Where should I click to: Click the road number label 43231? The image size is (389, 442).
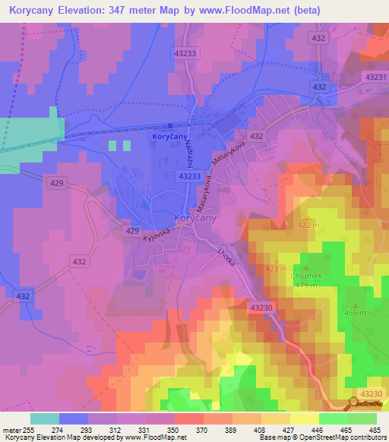point(375,77)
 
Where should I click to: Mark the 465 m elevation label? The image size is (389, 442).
point(354,312)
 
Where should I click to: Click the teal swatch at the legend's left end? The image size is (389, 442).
point(45,418)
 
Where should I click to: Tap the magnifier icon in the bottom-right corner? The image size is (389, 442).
point(355,403)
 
